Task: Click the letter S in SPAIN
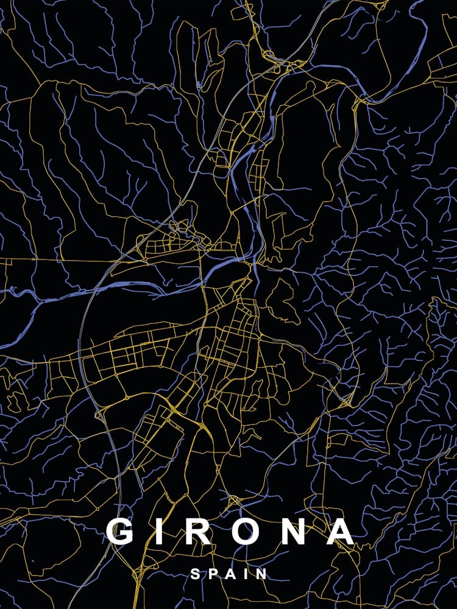(x=195, y=574)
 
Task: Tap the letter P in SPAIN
(x=213, y=574)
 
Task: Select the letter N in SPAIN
(x=261, y=574)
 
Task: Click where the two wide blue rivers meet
(x=253, y=263)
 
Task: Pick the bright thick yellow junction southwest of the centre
(x=174, y=405)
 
